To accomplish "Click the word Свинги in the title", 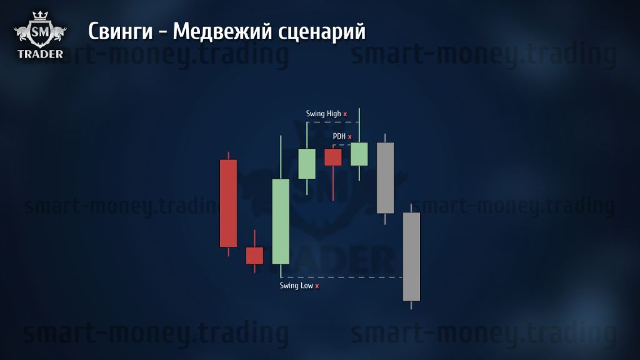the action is point(121,32).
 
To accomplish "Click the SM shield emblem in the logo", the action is point(40,32).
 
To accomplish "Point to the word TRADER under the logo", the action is point(41,54).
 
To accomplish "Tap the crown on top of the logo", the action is point(40,16).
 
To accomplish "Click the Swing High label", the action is point(323,114).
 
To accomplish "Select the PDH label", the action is point(339,136).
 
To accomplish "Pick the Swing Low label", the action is point(296,286).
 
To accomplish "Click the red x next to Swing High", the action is point(345,114).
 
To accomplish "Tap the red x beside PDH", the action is point(350,137).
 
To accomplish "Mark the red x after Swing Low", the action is point(317,286).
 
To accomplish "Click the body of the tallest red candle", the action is point(229,203).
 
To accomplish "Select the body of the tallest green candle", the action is point(281,221).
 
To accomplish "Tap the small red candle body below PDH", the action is point(333,157).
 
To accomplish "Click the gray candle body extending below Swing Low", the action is point(411,257).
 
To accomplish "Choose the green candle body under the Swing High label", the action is point(307,164).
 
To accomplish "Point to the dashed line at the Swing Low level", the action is point(342,277).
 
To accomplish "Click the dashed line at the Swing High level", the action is point(333,122).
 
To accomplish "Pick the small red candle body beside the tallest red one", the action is point(255,256).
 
